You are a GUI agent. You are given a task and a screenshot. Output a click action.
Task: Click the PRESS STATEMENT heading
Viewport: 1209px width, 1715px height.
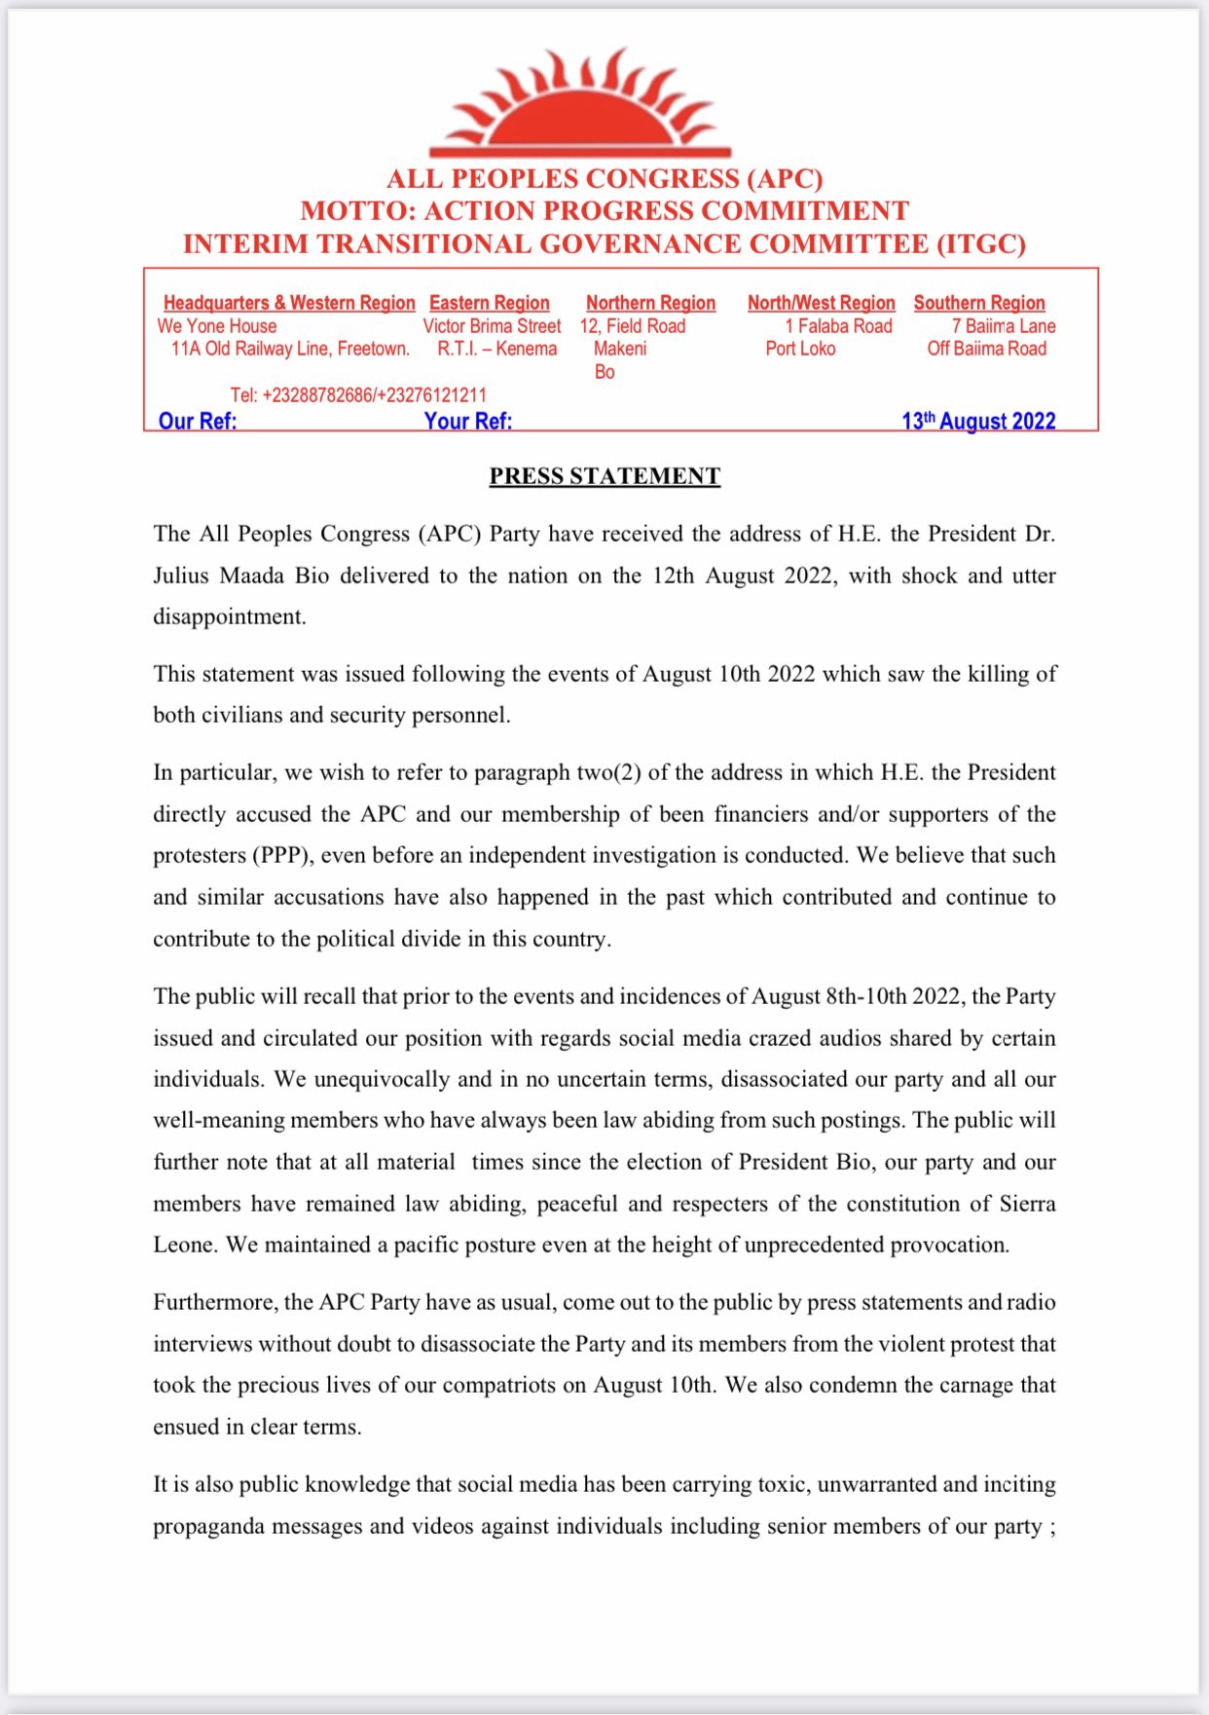tap(604, 476)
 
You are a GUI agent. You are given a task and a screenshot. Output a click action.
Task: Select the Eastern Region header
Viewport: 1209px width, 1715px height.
tap(489, 303)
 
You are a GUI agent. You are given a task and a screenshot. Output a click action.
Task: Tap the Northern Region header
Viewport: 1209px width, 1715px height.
tap(650, 303)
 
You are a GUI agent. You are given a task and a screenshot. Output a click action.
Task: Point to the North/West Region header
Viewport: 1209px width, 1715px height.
tap(821, 303)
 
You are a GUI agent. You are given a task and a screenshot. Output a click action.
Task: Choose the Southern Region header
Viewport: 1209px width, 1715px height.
tap(978, 303)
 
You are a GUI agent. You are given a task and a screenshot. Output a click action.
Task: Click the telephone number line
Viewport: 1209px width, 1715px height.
tap(358, 394)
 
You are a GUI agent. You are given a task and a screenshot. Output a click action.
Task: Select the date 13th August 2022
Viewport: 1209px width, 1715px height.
tap(978, 421)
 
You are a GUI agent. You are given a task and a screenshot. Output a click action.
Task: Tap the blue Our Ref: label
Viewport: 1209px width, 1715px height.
tap(198, 421)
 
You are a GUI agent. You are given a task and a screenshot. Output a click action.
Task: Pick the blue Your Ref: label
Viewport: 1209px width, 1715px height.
tap(467, 421)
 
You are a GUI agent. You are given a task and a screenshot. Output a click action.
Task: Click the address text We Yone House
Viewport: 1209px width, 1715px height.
tap(217, 326)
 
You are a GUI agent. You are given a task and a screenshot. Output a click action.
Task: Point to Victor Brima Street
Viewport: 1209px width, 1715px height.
tap(492, 326)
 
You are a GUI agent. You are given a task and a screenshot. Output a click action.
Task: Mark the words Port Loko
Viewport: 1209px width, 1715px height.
tap(800, 349)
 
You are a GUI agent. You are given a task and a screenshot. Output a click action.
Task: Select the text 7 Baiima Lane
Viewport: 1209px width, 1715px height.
tap(1004, 326)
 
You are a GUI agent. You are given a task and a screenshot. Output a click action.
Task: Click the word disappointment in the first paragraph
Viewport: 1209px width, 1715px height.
tap(229, 617)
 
